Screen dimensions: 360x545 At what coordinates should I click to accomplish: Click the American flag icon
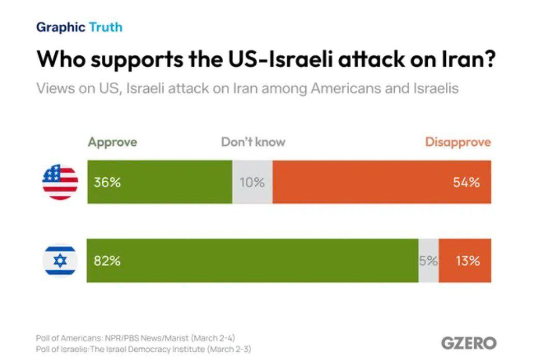[60, 182]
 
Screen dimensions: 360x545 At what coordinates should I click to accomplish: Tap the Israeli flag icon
[60, 261]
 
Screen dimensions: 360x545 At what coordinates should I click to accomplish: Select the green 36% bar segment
[160, 182]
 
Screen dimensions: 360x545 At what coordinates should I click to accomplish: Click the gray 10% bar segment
[252, 182]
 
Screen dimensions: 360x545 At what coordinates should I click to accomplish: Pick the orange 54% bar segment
[382, 182]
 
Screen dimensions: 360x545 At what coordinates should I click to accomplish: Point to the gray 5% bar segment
[428, 261]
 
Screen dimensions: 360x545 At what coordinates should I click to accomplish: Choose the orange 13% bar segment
[465, 261]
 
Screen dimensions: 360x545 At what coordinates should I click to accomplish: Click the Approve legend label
[113, 142]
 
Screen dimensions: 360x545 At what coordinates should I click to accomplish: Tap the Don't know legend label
[253, 142]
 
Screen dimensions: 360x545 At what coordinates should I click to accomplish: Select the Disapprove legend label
[458, 142]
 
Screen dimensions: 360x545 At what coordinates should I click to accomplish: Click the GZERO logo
[469, 343]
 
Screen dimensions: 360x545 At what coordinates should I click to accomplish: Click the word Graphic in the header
[60, 27]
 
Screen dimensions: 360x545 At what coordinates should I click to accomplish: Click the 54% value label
[466, 182]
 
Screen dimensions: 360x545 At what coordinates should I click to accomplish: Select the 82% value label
[107, 261]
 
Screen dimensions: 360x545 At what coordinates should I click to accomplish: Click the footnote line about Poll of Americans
[135, 338]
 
